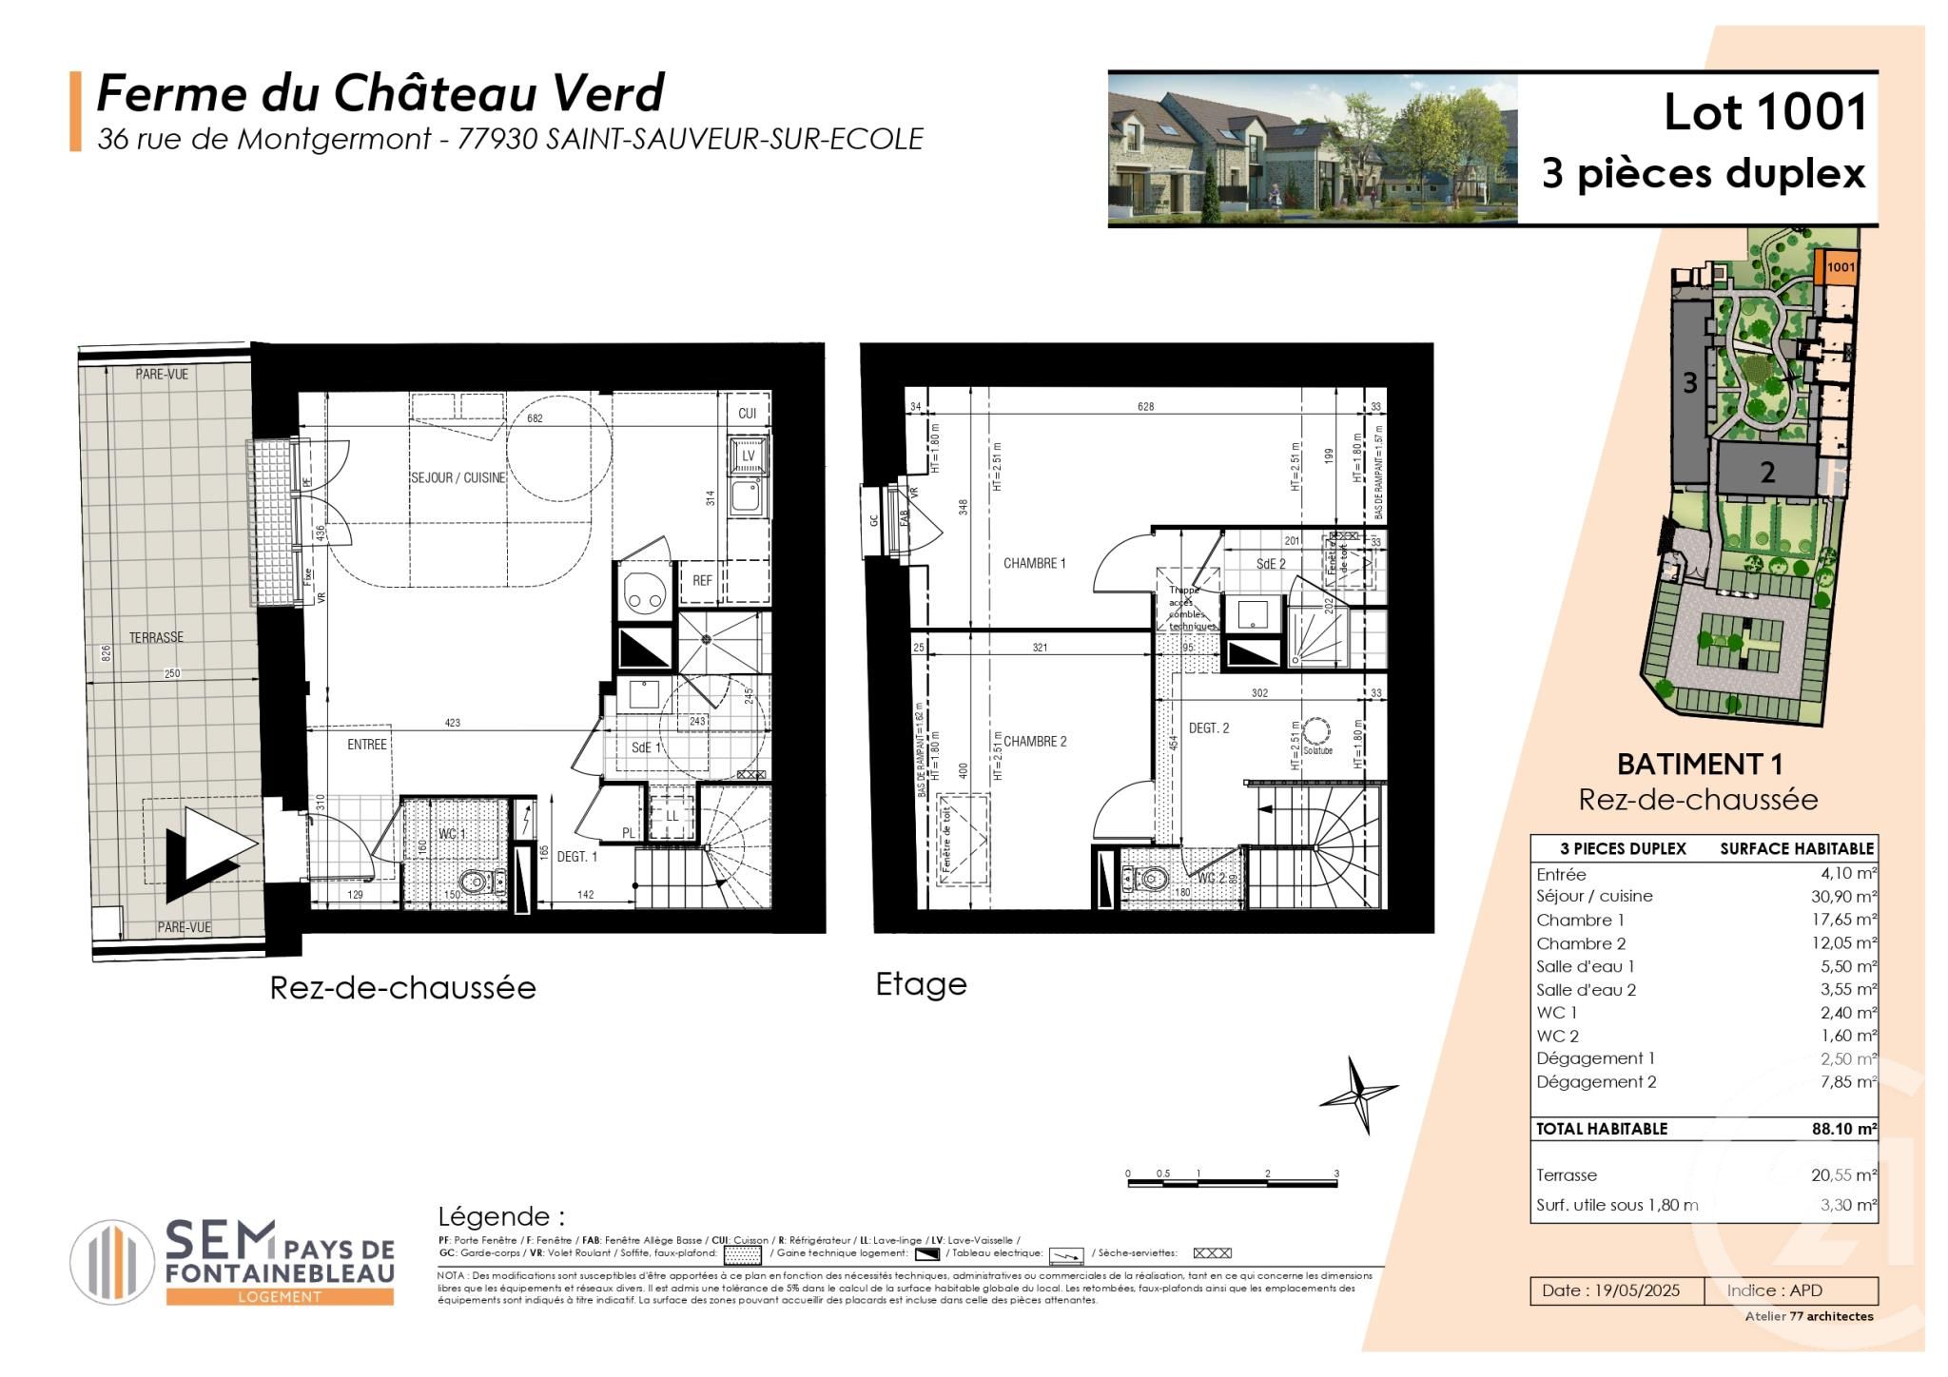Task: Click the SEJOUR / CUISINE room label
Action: pos(458,477)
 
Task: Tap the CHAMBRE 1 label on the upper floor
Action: pos(1034,564)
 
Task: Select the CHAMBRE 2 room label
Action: pos(1034,742)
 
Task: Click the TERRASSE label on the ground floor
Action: pos(157,637)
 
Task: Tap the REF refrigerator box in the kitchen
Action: pos(702,580)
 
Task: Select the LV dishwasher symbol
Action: pos(748,456)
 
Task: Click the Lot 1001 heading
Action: pos(1764,113)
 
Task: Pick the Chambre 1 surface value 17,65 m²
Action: pos(1843,920)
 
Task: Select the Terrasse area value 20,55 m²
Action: pos(1843,1175)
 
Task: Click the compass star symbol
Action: pos(1358,1096)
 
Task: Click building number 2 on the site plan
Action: pos(1767,472)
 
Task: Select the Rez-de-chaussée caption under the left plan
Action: pos(402,988)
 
